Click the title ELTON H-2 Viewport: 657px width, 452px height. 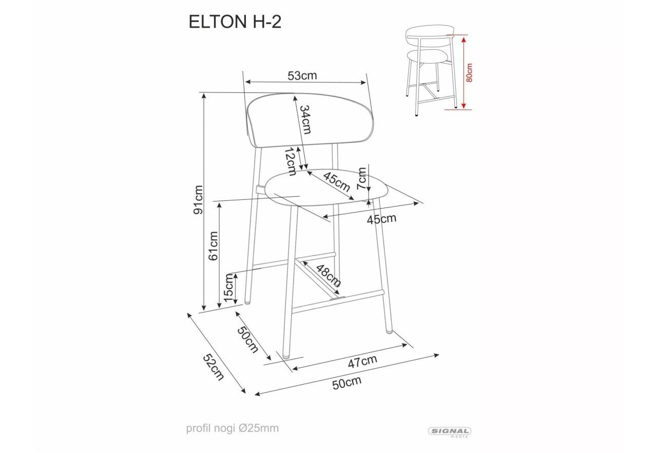(x=236, y=22)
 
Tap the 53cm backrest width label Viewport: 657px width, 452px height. (x=302, y=76)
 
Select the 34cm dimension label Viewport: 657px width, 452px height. (x=305, y=120)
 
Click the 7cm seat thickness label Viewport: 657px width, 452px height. (x=363, y=178)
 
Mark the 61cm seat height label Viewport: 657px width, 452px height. (x=214, y=245)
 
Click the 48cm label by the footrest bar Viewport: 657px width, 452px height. (x=328, y=276)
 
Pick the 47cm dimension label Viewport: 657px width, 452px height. (x=362, y=362)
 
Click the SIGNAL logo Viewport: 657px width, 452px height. (x=449, y=432)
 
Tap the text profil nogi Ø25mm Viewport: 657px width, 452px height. (x=233, y=428)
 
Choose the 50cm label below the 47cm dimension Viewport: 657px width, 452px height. (x=346, y=383)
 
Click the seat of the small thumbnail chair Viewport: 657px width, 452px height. (x=427, y=55)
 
